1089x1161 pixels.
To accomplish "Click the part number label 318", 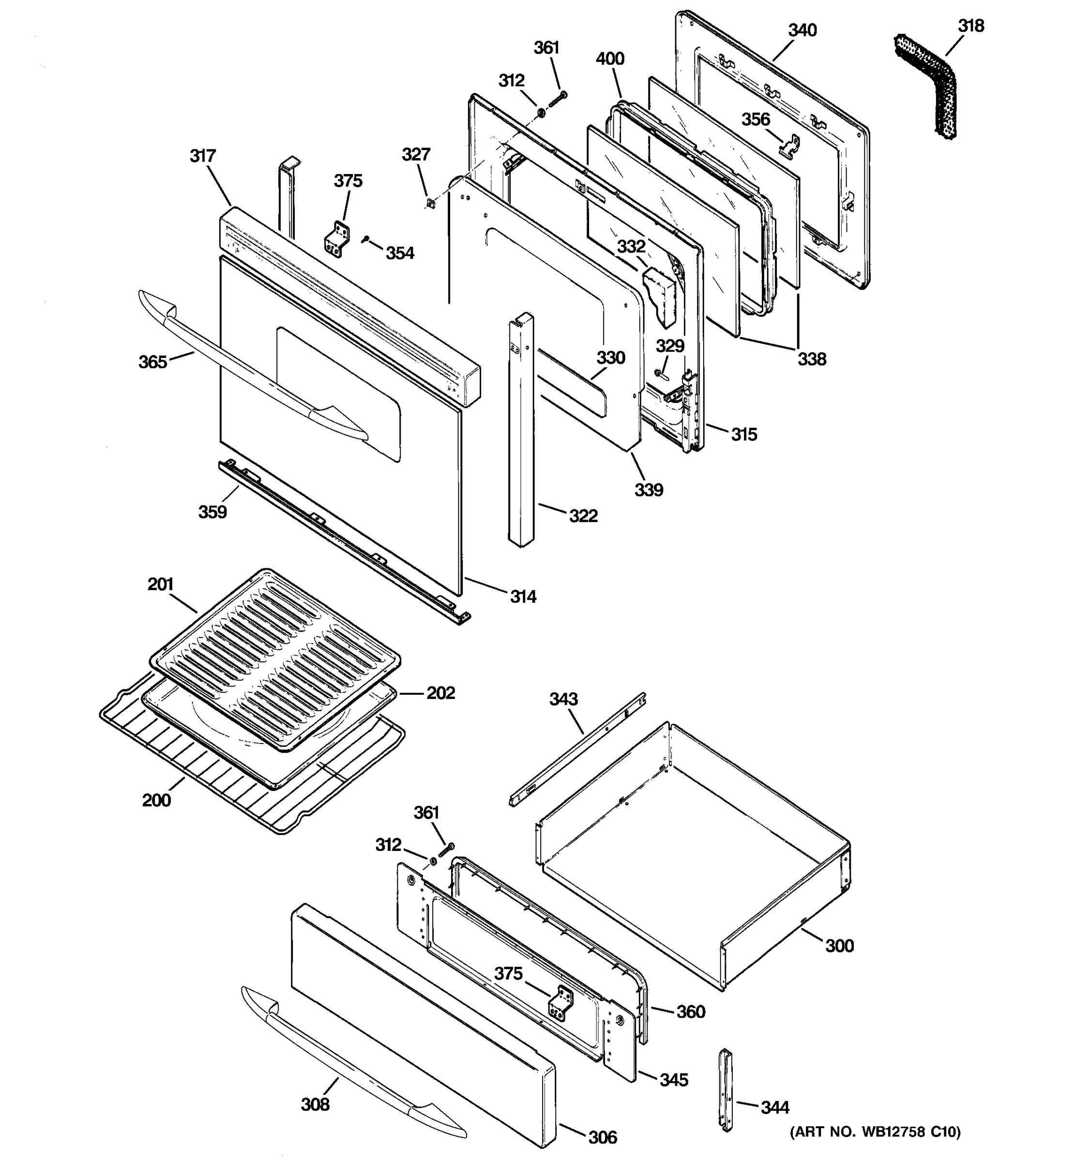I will tap(970, 26).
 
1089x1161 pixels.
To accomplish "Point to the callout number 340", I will tap(802, 30).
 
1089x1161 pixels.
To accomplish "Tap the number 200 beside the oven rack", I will tap(156, 800).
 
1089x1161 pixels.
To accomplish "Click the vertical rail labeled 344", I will tap(725, 1098).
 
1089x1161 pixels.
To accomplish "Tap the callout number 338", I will tap(812, 358).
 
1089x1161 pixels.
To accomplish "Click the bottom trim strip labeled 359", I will tap(345, 540).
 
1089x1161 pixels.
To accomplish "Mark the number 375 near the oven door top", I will tap(348, 181).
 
